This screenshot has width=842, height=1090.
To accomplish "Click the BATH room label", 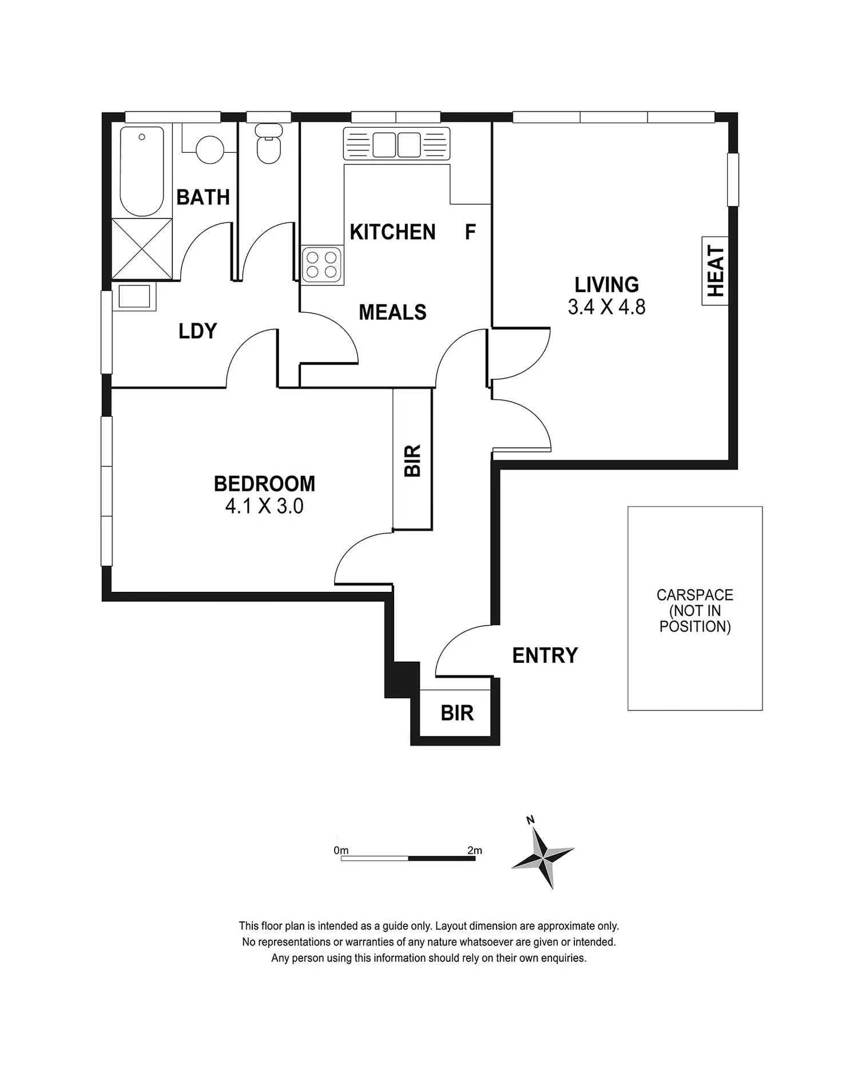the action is pos(203,197).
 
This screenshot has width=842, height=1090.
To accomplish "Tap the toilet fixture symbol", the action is pos(268,144).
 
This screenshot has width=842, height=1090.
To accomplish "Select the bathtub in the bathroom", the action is pos(142,171).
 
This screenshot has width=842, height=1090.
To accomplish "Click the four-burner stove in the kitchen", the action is pos(322,264).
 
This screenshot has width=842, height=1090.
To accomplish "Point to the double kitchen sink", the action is pos(396,144).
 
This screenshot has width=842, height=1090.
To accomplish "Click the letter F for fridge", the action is pos(470,232).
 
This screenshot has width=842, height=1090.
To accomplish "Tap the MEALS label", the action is pos(392,312).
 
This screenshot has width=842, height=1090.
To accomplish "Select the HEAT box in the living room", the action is pos(715,271).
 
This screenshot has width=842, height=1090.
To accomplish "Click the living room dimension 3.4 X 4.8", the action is pos(606,307).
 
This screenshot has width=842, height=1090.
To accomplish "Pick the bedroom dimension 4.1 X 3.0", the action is pos(264,506).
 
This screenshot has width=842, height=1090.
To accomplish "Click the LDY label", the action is pos(197,331).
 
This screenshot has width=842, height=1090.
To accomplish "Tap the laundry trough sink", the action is pos(134,297).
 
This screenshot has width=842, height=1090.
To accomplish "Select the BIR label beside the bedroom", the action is pos(412,460).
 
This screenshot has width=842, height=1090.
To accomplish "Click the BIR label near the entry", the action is pos(457,713).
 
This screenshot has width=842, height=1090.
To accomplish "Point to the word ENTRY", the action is pos(545,655).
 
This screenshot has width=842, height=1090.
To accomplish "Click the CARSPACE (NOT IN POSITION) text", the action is pos(695,611).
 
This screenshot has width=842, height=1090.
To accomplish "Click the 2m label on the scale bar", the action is pos(475,850).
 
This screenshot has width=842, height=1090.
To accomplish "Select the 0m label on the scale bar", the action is pos(341,850).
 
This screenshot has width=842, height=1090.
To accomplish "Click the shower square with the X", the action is pos(142,249).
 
